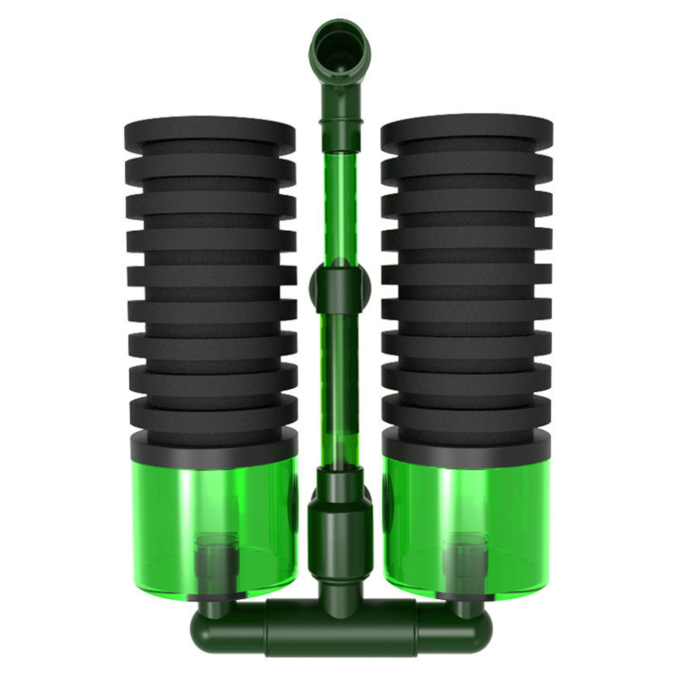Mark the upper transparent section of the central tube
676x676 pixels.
338,203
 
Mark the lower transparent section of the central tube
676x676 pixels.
338,380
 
